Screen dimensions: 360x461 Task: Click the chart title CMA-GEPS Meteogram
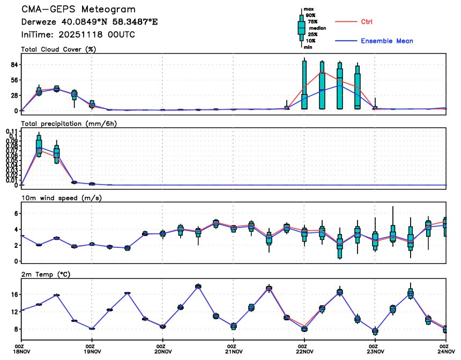point(78,10)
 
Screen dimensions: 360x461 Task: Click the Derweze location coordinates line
point(90,22)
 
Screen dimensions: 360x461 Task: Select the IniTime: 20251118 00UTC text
point(78,34)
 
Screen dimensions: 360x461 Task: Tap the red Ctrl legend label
point(367,21)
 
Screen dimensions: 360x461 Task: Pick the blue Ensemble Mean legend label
point(386,41)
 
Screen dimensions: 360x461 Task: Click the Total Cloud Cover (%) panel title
point(62,49)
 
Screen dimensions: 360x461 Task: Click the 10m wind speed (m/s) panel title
point(62,198)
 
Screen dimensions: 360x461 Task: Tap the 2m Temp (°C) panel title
point(48,274)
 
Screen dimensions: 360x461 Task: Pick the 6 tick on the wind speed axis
point(17,214)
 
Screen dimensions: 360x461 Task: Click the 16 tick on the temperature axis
point(14,295)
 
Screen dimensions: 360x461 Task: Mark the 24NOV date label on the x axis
point(444,352)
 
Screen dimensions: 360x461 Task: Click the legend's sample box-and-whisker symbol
point(302,27)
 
